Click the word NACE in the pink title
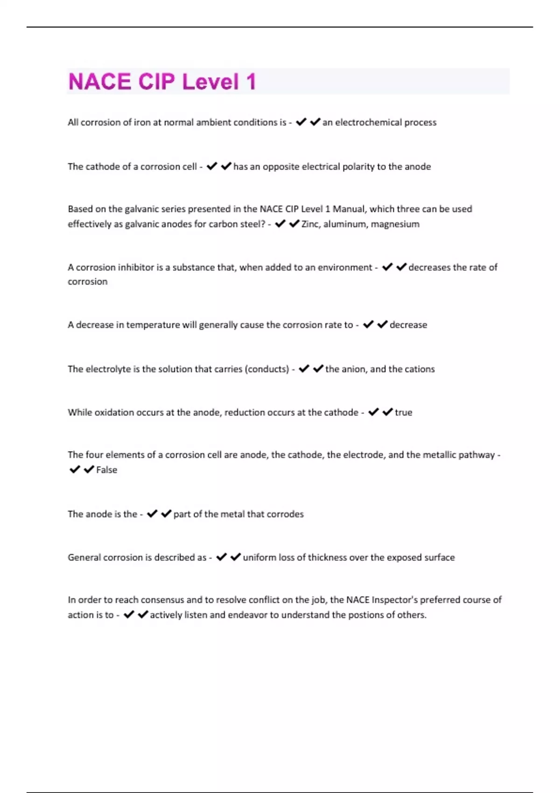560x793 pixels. [99, 82]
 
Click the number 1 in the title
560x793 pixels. [251, 82]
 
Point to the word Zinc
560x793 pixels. [310, 224]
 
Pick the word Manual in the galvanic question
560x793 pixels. [349, 209]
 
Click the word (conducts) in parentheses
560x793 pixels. [266, 369]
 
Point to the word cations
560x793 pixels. [420, 369]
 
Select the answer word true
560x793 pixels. [403, 412]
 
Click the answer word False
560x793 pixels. [106, 470]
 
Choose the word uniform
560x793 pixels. [259, 557]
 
